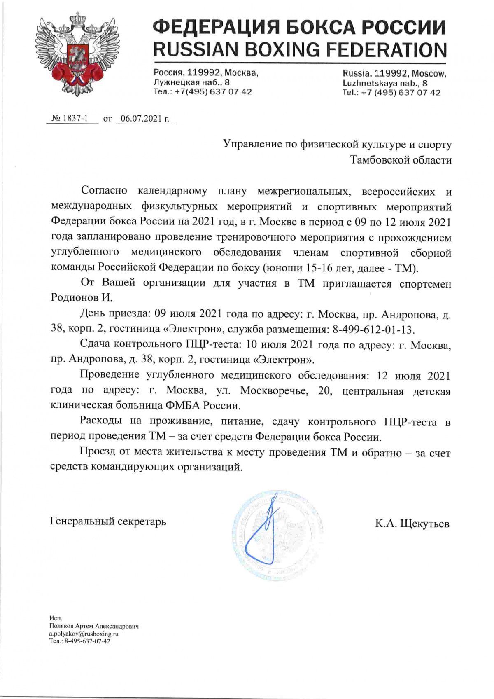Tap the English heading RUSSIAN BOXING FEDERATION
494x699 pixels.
pos(300,50)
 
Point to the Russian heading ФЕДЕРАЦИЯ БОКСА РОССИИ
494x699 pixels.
pos(300,28)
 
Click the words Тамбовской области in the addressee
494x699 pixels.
pos(401,160)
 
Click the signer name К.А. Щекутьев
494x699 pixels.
pos(412,524)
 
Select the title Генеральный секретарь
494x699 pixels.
pos(108,521)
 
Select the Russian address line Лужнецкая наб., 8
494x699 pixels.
pos(191,82)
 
